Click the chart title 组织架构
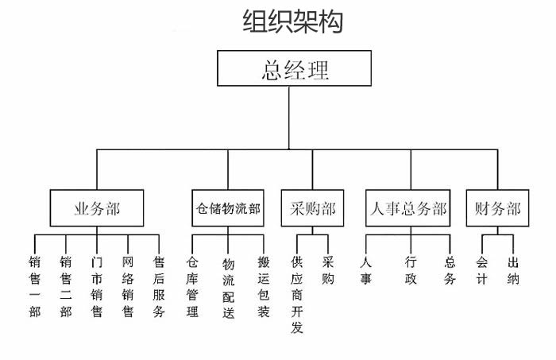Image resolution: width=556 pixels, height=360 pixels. pyautogui.click(x=293, y=21)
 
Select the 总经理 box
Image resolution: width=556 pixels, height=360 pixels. pyautogui.click(x=295, y=68)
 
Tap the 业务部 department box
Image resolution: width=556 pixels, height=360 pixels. pyautogui.click(x=97, y=208)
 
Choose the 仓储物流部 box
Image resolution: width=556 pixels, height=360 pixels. pyautogui.click(x=228, y=208)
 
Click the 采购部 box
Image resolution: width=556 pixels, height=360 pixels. pyautogui.click(x=312, y=208)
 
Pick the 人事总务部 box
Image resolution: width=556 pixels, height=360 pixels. pyautogui.click(x=408, y=208)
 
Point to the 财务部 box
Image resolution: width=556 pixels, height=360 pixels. pyautogui.click(x=497, y=208)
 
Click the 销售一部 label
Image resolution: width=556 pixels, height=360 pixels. pyautogui.click(x=35, y=287)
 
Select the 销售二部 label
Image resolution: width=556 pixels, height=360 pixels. pyautogui.click(x=66, y=287)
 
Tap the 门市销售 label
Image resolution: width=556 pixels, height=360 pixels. pyautogui.click(x=97, y=287)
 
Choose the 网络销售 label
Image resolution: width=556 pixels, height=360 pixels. pyautogui.click(x=128, y=287)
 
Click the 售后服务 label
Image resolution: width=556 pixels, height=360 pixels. pyautogui.click(x=159, y=287)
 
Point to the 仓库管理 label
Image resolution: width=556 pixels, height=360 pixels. pyautogui.click(x=192, y=287)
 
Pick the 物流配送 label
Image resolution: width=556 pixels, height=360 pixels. pyautogui.click(x=229, y=288)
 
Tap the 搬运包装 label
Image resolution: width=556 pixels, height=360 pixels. pyautogui.click(x=264, y=287)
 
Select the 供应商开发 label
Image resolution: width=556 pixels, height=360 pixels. pyautogui.click(x=297, y=295)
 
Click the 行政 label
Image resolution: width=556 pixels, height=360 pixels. pyautogui.click(x=411, y=270)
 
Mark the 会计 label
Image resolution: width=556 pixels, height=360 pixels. pyautogui.click(x=482, y=270)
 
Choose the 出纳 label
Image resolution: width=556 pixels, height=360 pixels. pyautogui.click(x=513, y=270)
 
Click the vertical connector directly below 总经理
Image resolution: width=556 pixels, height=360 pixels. pyautogui.click(x=289, y=118)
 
